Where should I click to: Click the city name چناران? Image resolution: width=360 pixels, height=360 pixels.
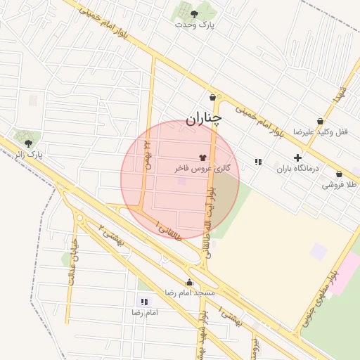(x=204, y=120)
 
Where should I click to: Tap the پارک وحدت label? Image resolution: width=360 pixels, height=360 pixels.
(x=195, y=25)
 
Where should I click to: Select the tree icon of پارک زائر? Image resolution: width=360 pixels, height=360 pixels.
(x=29, y=143)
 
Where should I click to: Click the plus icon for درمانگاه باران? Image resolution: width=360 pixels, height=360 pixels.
(x=297, y=158)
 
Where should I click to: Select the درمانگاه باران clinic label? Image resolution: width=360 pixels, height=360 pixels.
(x=297, y=169)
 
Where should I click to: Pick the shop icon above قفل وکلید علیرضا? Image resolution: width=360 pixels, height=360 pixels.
(x=320, y=121)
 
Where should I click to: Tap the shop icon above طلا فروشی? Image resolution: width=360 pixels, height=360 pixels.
(x=339, y=174)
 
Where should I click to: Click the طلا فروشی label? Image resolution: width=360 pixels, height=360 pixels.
(x=339, y=185)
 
